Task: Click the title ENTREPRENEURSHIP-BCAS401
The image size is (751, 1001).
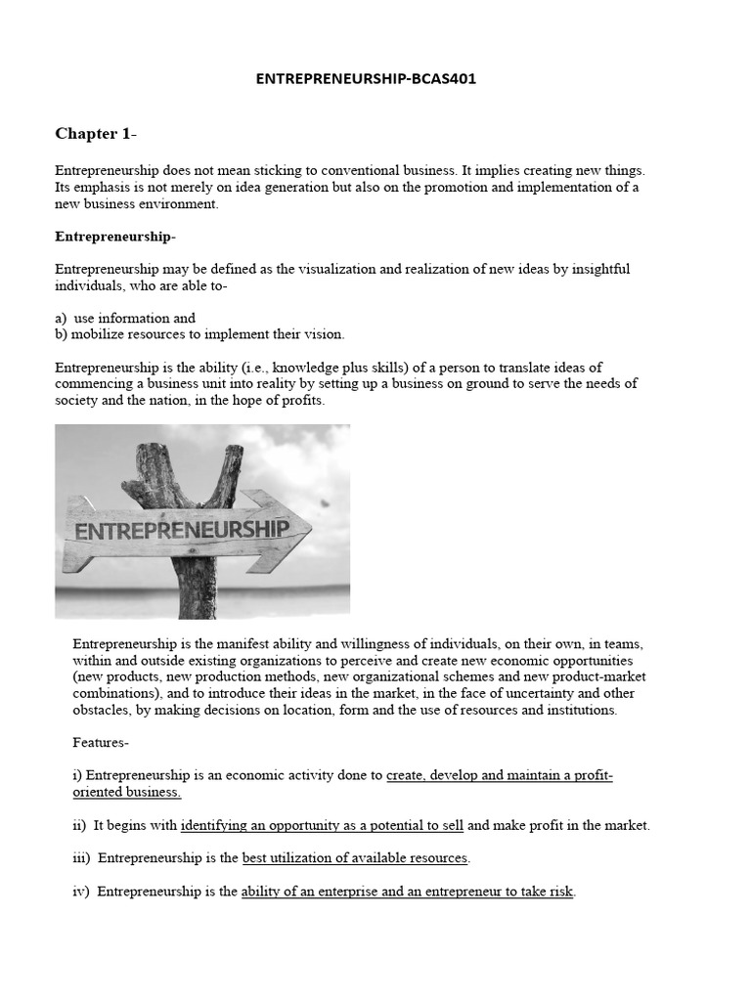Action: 366,79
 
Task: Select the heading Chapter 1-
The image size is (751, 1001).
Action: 94,133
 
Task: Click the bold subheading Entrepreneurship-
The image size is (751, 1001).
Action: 115,237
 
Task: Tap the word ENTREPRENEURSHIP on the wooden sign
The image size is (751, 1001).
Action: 176,530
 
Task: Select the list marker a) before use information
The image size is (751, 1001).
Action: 62,318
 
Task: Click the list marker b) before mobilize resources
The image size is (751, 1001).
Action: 62,333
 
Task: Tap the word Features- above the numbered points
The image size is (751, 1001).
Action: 101,742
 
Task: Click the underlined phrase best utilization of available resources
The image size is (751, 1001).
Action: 356,858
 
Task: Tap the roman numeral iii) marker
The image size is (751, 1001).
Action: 82,858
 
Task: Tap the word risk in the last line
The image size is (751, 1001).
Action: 560,892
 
